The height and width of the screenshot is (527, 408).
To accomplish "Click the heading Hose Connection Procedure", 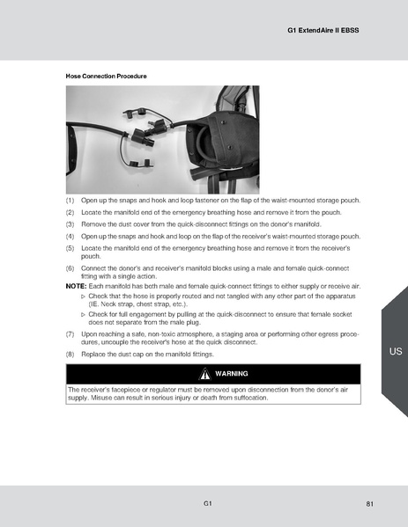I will (x=107, y=77).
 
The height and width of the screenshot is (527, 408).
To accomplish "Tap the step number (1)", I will (x=71, y=201).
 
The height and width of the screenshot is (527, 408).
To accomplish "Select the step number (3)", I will (x=71, y=224).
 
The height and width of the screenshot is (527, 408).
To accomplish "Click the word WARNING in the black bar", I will (x=231, y=373).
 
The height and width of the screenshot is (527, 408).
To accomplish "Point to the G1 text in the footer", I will (x=207, y=503).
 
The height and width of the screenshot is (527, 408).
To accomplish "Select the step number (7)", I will (x=71, y=334).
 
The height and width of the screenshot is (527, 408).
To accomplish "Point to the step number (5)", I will (x=71, y=248).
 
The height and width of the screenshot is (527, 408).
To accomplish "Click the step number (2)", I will (x=71, y=213).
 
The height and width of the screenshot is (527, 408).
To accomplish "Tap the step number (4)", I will (x=71, y=236).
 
